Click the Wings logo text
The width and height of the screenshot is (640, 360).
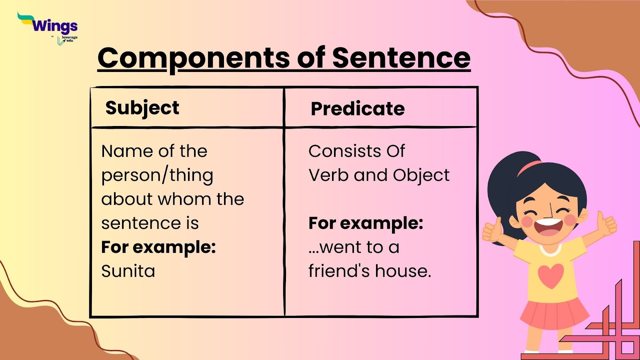[54, 26]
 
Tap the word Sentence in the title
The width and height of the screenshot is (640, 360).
[401, 58]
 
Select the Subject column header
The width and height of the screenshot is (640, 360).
[142, 108]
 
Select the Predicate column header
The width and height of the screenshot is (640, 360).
[358, 109]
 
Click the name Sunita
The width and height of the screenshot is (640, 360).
[128, 271]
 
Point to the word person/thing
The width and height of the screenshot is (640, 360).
[157, 175]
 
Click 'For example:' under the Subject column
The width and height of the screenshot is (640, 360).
[158, 247]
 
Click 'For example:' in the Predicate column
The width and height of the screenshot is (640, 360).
[366, 223]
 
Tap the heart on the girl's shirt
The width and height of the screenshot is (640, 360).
[550, 275]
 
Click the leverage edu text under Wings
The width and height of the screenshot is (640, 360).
[70, 39]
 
